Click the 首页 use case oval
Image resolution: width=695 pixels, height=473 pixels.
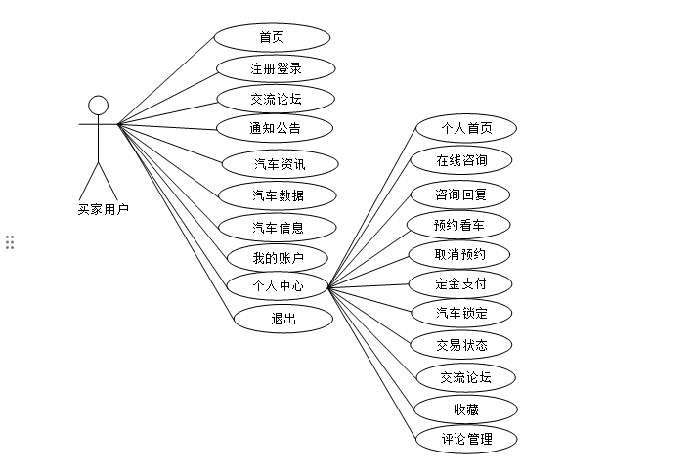click(272, 38)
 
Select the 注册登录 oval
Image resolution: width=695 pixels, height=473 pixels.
click(277, 68)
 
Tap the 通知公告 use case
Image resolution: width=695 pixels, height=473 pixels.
click(277, 128)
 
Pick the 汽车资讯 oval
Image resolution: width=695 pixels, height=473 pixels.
click(279, 163)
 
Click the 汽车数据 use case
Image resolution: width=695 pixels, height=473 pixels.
click(278, 195)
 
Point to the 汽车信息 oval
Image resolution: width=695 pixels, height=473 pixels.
click(278, 228)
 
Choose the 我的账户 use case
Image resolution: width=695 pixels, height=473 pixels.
click(278, 258)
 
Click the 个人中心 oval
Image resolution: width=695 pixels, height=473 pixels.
click(278, 286)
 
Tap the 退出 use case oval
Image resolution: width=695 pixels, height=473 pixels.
click(282, 318)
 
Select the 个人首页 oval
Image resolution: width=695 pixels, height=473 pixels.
click(466, 128)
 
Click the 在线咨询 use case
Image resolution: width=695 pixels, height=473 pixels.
click(461, 159)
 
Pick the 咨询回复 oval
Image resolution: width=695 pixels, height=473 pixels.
click(460, 193)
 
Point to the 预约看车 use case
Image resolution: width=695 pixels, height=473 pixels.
click(459, 225)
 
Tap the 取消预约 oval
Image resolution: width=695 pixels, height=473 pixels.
click(459, 254)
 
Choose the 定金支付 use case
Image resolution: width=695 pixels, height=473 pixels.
click(460, 284)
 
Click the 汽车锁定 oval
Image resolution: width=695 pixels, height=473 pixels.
click(460, 313)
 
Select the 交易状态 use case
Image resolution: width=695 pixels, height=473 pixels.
click(460, 344)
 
